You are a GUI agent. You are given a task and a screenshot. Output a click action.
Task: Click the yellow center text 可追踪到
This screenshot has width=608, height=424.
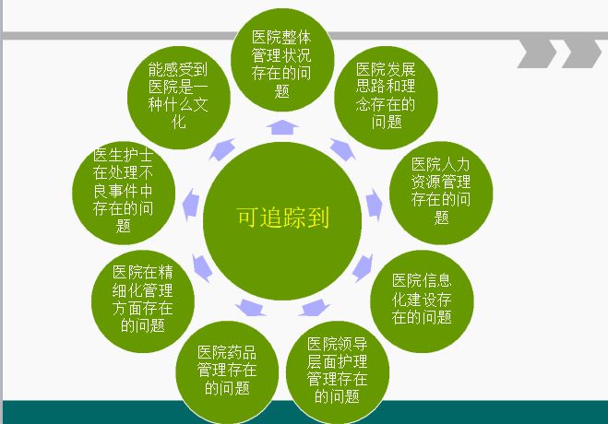pyautogui.click(x=283, y=217)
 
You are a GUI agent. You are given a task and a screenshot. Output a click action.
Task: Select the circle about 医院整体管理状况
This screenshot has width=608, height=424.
pyautogui.click(x=282, y=60)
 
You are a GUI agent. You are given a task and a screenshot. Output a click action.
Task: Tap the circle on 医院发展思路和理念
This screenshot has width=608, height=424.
pyautogui.click(x=386, y=98)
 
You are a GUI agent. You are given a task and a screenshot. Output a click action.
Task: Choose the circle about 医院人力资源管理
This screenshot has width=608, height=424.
pyautogui.click(x=441, y=193)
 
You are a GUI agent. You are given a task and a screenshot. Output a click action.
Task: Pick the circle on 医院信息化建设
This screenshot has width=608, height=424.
pyautogui.click(x=422, y=301)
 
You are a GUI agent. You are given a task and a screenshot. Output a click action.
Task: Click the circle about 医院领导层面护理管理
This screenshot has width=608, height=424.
pyautogui.click(x=338, y=372)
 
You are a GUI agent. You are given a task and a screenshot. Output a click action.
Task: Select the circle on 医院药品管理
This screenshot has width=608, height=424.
pyautogui.click(x=227, y=372)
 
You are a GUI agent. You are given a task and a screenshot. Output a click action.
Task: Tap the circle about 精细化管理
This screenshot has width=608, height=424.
pyautogui.click(x=143, y=301)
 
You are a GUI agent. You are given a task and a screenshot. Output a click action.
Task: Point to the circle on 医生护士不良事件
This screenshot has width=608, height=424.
pyautogui.click(x=124, y=193)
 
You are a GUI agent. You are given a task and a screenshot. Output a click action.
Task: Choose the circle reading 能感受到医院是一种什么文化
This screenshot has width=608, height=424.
pyautogui.click(x=179, y=98)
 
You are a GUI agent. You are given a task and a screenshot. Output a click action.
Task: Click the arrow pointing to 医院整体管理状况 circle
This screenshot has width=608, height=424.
pyautogui.click(x=282, y=127)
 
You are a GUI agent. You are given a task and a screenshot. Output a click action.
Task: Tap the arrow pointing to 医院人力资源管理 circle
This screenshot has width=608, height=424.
pyautogui.click(x=374, y=205)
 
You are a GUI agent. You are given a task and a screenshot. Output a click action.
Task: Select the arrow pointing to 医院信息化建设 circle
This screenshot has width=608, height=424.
pyautogui.click(x=363, y=268)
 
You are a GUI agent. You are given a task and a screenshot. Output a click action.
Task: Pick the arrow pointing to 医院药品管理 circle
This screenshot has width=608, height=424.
pyautogui.click(x=251, y=308)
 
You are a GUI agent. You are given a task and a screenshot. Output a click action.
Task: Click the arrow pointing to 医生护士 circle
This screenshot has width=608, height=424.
pyautogui.click(x=190, y=205)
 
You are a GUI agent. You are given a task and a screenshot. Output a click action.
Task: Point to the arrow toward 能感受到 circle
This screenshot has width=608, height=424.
pyautogui.click(x=222, y=149)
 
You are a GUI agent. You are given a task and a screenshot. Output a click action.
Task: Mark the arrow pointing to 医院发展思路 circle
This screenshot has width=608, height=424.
pyautogui.click(x=343, y=149)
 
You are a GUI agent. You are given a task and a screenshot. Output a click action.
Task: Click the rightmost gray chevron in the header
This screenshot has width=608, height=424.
pyautogui.click(x=581, y=53)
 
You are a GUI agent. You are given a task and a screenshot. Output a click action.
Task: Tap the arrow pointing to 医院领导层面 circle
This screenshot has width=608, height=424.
pyautogui.click(x=314, y=308)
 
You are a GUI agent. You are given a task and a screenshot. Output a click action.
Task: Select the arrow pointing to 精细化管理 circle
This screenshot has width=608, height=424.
pyautogui.click(x=202, y=268)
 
